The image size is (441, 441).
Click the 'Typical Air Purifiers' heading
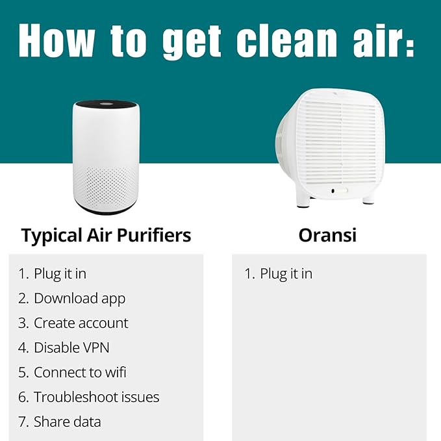point(107,235)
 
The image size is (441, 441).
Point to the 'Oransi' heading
point(327,235)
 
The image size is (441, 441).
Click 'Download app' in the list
point(79,298)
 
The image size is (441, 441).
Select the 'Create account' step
point(81,323)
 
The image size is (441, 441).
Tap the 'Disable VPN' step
point(71,347)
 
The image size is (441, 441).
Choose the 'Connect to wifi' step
point(80,372)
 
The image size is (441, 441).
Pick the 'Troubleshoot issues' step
point(96,397)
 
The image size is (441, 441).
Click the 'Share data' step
point(67,422)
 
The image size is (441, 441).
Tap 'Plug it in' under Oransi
point(286,273)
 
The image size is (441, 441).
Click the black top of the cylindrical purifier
point(106,105)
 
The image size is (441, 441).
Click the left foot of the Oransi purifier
point(303,199)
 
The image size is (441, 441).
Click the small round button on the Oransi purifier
point(333,191)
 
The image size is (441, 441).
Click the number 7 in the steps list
point(22,422)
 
